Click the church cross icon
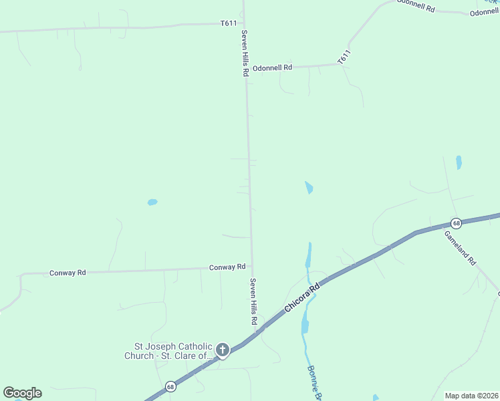click(x=222, y=350)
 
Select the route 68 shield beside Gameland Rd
click(x=456, y=223)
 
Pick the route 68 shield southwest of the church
click(x=171, y=386)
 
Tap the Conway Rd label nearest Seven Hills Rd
click(x=227, y=267)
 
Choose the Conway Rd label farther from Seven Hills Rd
click(x=68, y=273)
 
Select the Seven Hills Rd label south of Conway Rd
click(x=254, y=301)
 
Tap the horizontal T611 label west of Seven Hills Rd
click(x=229, y=23)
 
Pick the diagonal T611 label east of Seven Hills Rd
click(x=344, y=57)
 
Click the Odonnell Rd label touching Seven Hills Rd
click(x=272, y=68)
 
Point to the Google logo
click(x=22, y=393)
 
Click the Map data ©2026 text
click(x=471, y=396)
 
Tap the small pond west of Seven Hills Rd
click(x=152, y=202)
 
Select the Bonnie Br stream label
click(x=315, y=383)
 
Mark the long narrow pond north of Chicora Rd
click(x=308, y=254)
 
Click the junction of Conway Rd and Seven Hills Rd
click(x=252, y=268)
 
